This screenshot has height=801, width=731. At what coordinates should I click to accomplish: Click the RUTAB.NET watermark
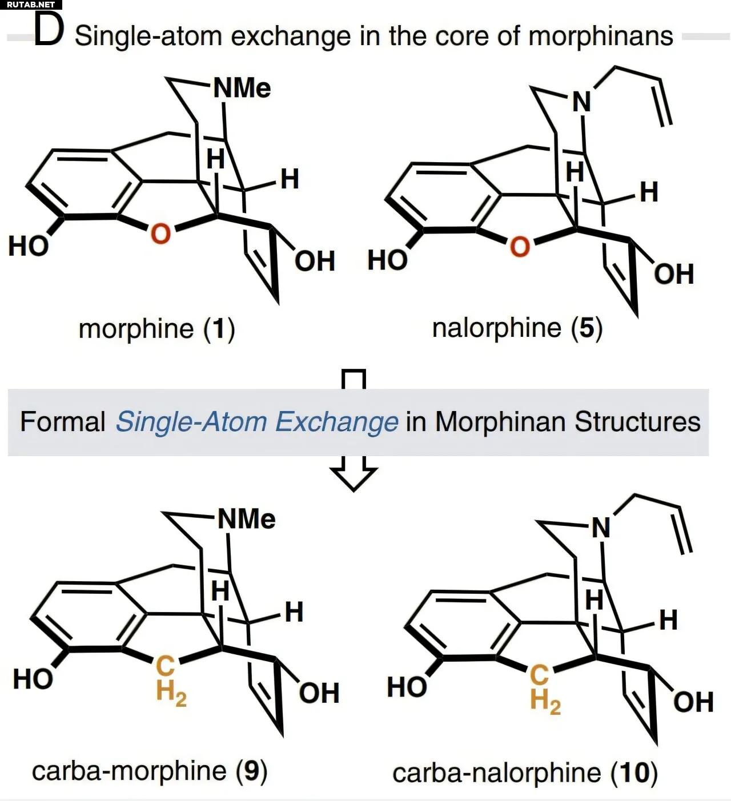point(31,5)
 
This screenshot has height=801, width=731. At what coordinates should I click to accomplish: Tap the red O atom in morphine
point(160,233)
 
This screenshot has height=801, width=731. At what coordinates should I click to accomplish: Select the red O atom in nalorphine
point(520,247)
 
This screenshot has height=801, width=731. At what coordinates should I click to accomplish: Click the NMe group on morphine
point(242,88)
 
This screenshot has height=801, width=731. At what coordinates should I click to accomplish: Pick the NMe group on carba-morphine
point(247,519)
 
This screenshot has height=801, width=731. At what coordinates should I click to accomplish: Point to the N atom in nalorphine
point(581,102)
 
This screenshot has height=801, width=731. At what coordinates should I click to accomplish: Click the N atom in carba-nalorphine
point(601,528)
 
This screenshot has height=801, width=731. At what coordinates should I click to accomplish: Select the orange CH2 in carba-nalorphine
point(545,690)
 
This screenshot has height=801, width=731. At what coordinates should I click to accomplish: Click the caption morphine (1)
point(157,329)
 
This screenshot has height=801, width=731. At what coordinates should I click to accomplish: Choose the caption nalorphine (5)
point(517,329)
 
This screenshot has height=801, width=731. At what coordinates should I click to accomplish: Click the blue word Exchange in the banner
point(337,422)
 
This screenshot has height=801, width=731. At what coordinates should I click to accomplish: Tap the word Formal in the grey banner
point(63,422)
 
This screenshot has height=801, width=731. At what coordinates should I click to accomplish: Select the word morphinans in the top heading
point(601,37)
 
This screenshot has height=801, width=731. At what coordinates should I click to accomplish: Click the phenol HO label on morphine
point(29,246)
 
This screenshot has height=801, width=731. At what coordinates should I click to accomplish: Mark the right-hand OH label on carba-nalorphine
point(693,702)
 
